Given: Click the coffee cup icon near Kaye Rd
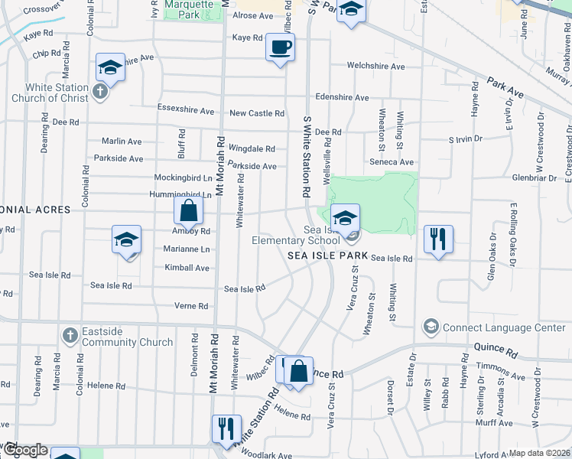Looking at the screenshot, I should tap(279, 48).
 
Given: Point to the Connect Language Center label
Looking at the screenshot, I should tap(502, 327).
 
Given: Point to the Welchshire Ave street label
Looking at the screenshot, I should tap(375, 67).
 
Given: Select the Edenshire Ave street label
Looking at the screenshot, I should tap(341, 98).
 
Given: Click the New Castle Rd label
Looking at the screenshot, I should tap(257, 113).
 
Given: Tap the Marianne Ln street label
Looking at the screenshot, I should tap(187, 249).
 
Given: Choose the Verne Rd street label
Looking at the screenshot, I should tap(192, 306).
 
